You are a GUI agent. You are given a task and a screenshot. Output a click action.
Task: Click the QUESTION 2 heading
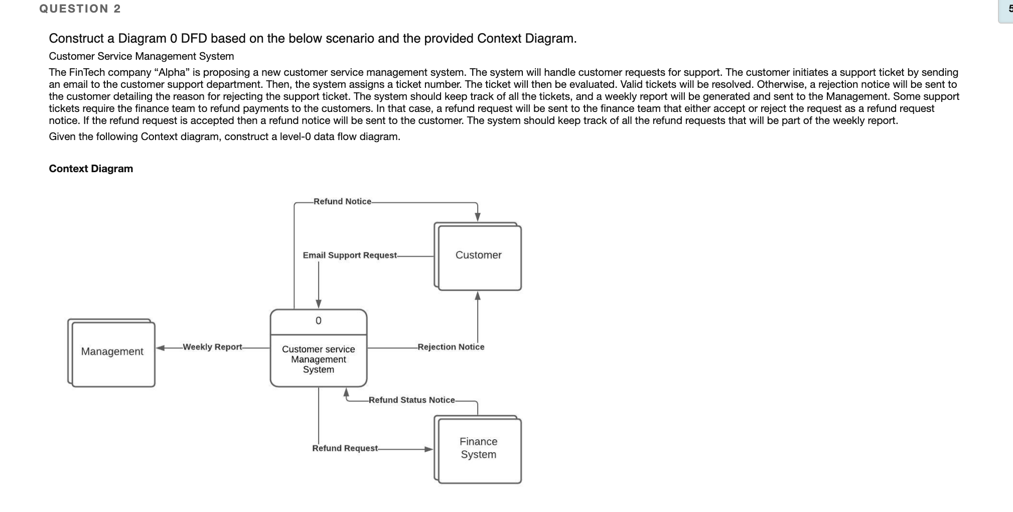[80, 9]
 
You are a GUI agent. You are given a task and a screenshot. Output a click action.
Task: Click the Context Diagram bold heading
[91, 169]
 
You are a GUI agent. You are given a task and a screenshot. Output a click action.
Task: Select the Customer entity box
[478, 255]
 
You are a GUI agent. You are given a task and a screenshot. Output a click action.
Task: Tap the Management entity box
[112, 352]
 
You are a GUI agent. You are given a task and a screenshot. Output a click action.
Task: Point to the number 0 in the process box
[318, 321]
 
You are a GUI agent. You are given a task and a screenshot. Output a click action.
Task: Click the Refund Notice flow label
[342, 201]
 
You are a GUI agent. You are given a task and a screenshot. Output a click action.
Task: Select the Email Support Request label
[350, 255]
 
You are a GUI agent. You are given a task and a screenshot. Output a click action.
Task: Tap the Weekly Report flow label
[212, 347]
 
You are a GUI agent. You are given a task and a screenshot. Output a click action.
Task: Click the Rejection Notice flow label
[451, 347]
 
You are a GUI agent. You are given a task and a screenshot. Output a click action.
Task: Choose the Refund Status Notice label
[411, 400]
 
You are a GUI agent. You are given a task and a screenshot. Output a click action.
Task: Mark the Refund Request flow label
[345, 448]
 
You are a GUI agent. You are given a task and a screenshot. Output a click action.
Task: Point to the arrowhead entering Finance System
[429, 449]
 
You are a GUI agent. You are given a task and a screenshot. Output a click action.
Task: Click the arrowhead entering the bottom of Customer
[478, 296]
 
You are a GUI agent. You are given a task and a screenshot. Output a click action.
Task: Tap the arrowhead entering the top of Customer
[478, 216]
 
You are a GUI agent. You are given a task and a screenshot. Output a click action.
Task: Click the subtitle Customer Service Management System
[141, 56]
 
